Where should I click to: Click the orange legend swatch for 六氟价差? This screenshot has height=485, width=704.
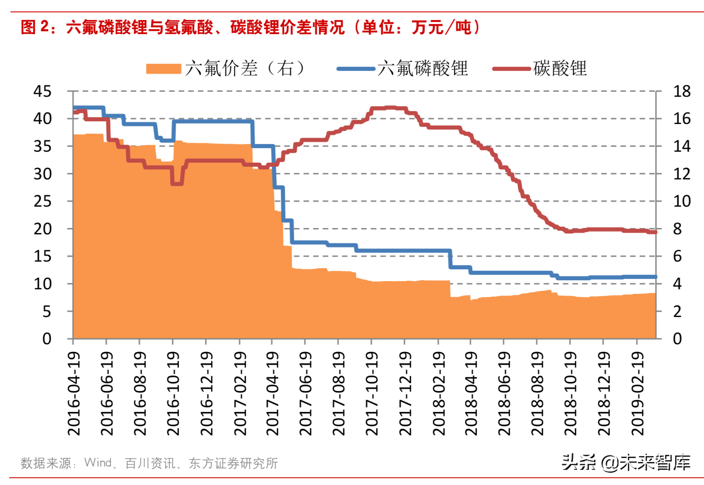tap(163, 69)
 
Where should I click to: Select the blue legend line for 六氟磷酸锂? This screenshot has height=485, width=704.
tap(356, 69)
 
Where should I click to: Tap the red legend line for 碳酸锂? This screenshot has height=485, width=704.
tap(512, 69)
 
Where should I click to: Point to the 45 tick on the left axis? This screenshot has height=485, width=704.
tap(42, 91)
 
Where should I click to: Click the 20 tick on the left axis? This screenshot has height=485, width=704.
tap(42, 229)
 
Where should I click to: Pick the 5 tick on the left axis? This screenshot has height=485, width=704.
tap(47, 312)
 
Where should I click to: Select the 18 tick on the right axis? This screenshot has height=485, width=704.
tap(681, 91)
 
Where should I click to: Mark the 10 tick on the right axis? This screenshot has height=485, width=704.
tap(681, 201)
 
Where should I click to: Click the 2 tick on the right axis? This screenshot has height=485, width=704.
tap(677, 312)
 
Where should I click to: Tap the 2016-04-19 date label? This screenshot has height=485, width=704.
tap(74, 393)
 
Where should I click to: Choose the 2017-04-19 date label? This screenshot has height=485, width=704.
tap(273, 393)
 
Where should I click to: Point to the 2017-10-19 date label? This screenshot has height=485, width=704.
tap(372, 393)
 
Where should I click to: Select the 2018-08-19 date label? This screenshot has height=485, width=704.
tap(538, 393)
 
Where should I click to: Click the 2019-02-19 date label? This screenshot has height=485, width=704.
tap(638, 393)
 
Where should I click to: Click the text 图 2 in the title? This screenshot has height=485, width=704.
tap(34, 27)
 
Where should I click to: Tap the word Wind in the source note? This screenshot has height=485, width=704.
tap(98, 463)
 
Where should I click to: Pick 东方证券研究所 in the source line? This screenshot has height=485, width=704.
tap(233, 463)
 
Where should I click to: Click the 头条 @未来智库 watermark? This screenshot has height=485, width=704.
tap(626, 462)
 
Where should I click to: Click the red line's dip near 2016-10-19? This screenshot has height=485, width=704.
tap(177, 183)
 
